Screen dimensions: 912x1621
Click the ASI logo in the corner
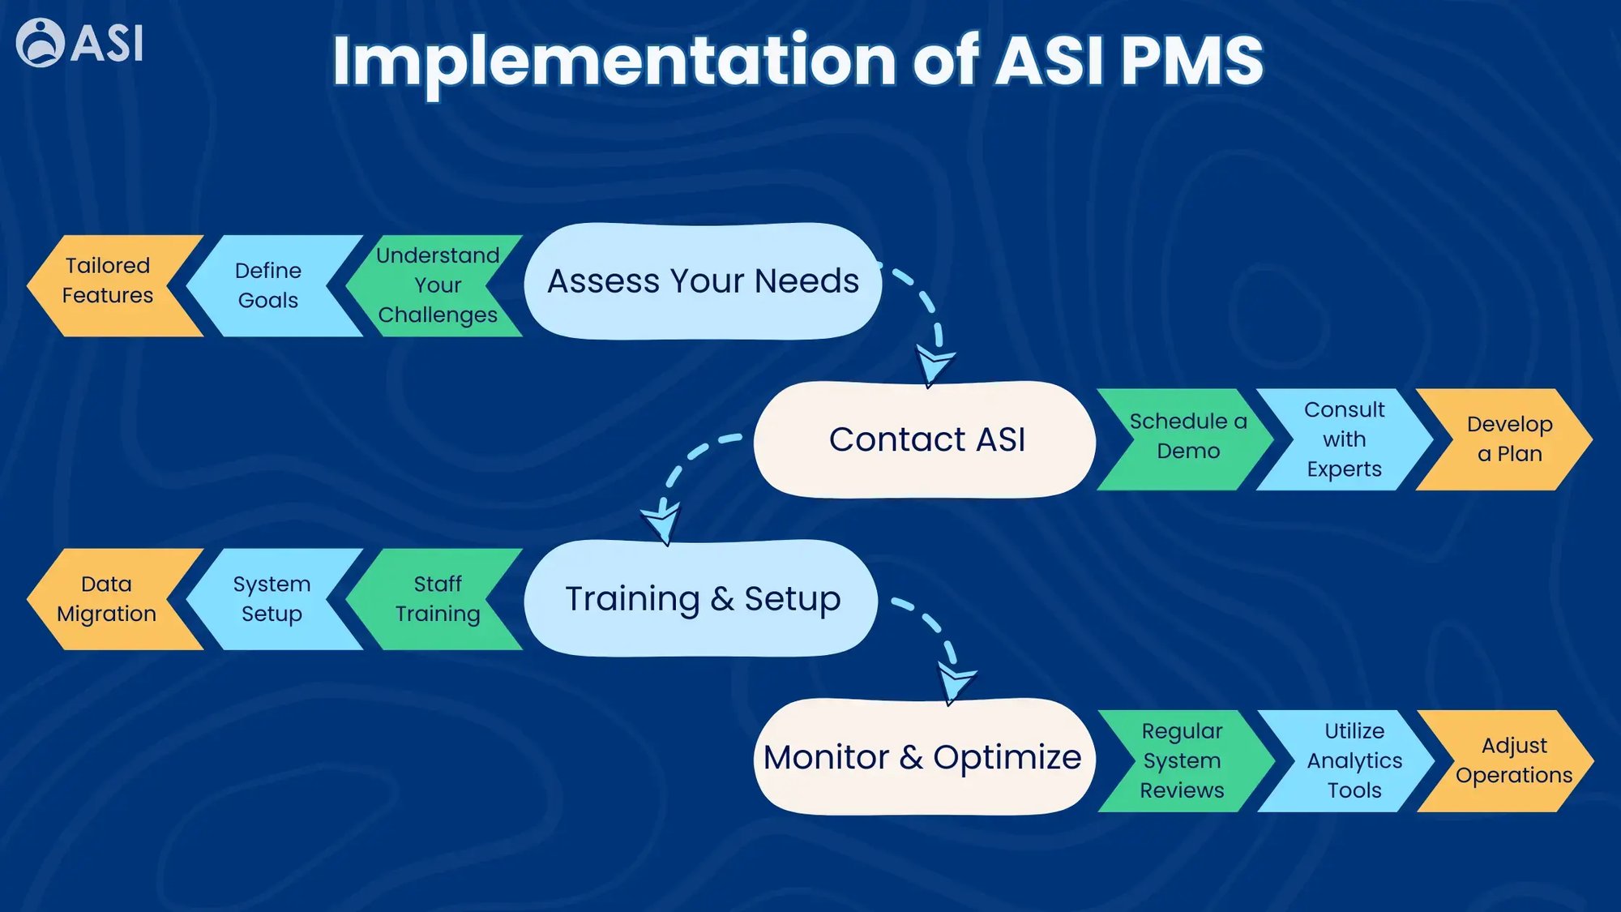coord(79,42)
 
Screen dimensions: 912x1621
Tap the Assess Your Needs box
coord(703,281)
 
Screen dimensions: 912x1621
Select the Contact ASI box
coord(926,439)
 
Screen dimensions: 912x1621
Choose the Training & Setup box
coord(702,599)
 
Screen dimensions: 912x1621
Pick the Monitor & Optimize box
coord(922,757)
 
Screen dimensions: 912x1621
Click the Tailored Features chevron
coord(108,281)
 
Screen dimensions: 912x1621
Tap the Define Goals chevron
coord(268,285)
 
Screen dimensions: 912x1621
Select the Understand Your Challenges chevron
coord(437,285)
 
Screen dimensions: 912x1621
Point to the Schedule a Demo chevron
coord(1187,437)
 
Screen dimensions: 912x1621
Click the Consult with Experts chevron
coord(1344,439)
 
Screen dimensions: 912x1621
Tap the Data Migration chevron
coord(107,599)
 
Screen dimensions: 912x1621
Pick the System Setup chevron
coord(272,599)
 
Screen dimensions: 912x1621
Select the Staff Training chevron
coord(438,599)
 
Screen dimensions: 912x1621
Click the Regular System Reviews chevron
coord(1182,760)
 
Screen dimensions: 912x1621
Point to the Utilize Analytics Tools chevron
coord(1354,760)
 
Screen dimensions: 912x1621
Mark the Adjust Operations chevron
coord(1513,760)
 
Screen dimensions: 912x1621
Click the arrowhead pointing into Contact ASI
coord(934,365)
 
